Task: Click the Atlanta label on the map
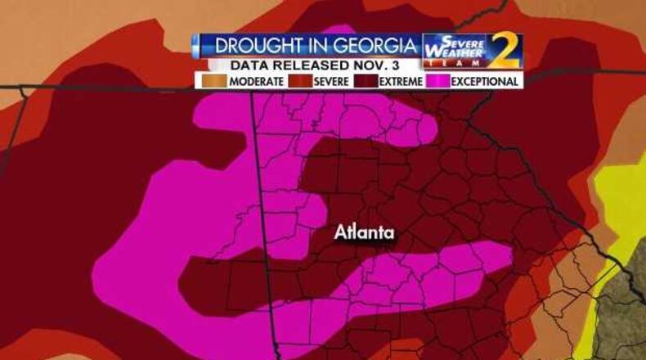[364, 233]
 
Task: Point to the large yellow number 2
[502, 52]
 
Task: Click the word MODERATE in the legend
[256, 82]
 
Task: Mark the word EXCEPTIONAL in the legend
[484, 82]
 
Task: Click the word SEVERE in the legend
[332, 82]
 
